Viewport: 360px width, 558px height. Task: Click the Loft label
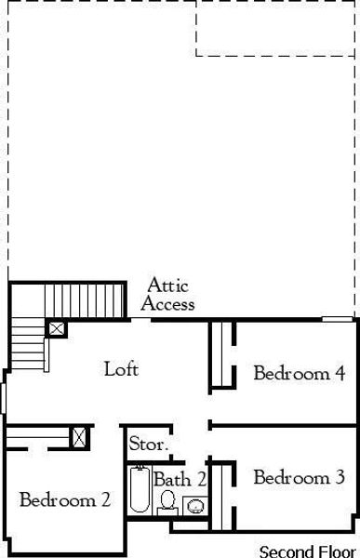(121, 369)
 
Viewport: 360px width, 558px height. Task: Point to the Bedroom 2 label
(65, 500)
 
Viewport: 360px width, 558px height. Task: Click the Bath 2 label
(180, 480)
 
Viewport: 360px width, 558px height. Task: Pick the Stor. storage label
(149, 445)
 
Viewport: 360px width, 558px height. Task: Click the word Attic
(168, 286)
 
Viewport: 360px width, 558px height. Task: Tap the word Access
(168, 303)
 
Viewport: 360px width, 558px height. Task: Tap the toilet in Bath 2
(168, 503)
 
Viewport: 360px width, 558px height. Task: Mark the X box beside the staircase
(57, 328)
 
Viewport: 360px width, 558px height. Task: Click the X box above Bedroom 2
(80, 436)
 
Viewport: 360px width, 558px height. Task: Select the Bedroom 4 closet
(221, 354)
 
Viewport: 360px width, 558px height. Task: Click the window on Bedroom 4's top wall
(338, 320)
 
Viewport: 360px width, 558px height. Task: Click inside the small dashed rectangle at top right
(276, 28)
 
